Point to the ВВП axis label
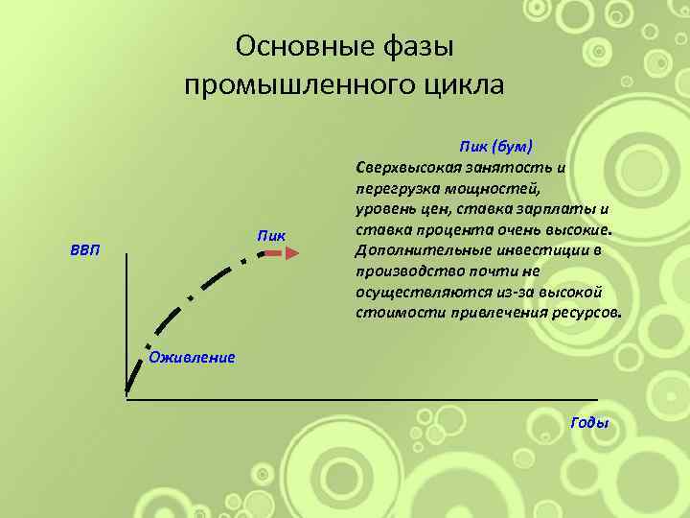(84, 250)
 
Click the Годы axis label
(589, 423)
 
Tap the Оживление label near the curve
(192, 358)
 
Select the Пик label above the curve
(271, 235)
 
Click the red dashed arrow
(282, 253)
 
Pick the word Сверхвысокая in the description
(406, 167)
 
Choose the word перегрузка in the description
(394, 188)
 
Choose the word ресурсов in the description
(584, 313)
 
